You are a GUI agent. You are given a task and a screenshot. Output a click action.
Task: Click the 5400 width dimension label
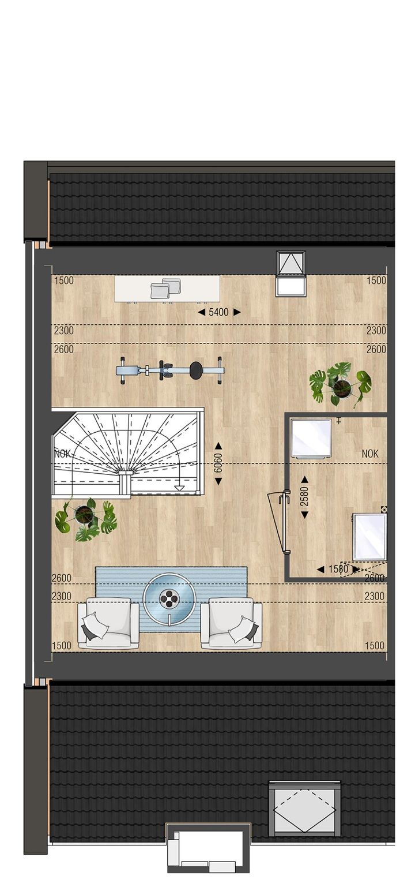pyautogui.click(x=219, y=312)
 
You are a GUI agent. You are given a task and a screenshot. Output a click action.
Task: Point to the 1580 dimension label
pyautogui.click(x=338, y=569)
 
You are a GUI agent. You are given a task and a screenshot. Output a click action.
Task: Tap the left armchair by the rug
pyautogui.click(x=108, y=624)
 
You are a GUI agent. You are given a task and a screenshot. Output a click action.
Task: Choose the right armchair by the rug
pyautogui.click(x=231, y=624)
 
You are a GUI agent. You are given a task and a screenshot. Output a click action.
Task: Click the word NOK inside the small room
pyautogui.click(x=370, y=454)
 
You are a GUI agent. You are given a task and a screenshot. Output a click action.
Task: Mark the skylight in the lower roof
pyautogui.click(x=304, y=808)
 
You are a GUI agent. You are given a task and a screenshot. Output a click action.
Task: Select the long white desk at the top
pyautogui.click(x=167, y=288)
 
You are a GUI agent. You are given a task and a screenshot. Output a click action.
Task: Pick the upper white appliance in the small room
pyautogui.click(x=311, y=438)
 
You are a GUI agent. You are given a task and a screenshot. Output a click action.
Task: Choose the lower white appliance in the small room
pyautogui.click(x=369, y=537)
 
